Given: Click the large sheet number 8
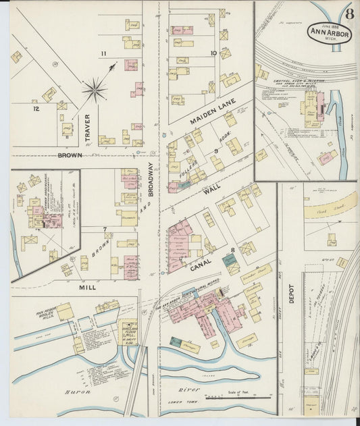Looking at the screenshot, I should [349, 13].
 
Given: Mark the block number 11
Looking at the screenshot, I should [103, 53].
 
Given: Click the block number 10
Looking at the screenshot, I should [213, 53].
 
